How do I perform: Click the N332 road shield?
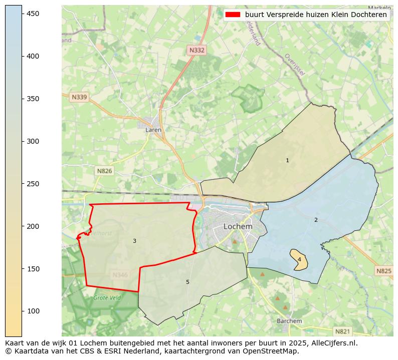[197, 50]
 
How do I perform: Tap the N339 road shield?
[79, 97]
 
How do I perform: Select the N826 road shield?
[104, 171]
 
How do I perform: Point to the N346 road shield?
[120, 275]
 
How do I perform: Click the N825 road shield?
[383, 271]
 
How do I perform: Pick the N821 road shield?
[342, 331]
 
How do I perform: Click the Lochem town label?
[238, 226]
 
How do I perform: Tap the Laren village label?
[153, 130]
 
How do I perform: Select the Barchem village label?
[289, 321]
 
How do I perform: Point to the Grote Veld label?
[107, 298]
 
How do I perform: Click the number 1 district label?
[287, 161]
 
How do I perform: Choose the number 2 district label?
[316, 220]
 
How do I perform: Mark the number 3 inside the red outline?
[134, 241]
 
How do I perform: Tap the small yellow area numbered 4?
[299, 259]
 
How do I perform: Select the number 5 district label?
[187, 282]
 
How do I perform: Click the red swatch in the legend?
[233, 15]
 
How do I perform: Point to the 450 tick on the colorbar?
[33, 14]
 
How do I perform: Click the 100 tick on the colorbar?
[33, 311]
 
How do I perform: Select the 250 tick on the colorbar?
[33, 184]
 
